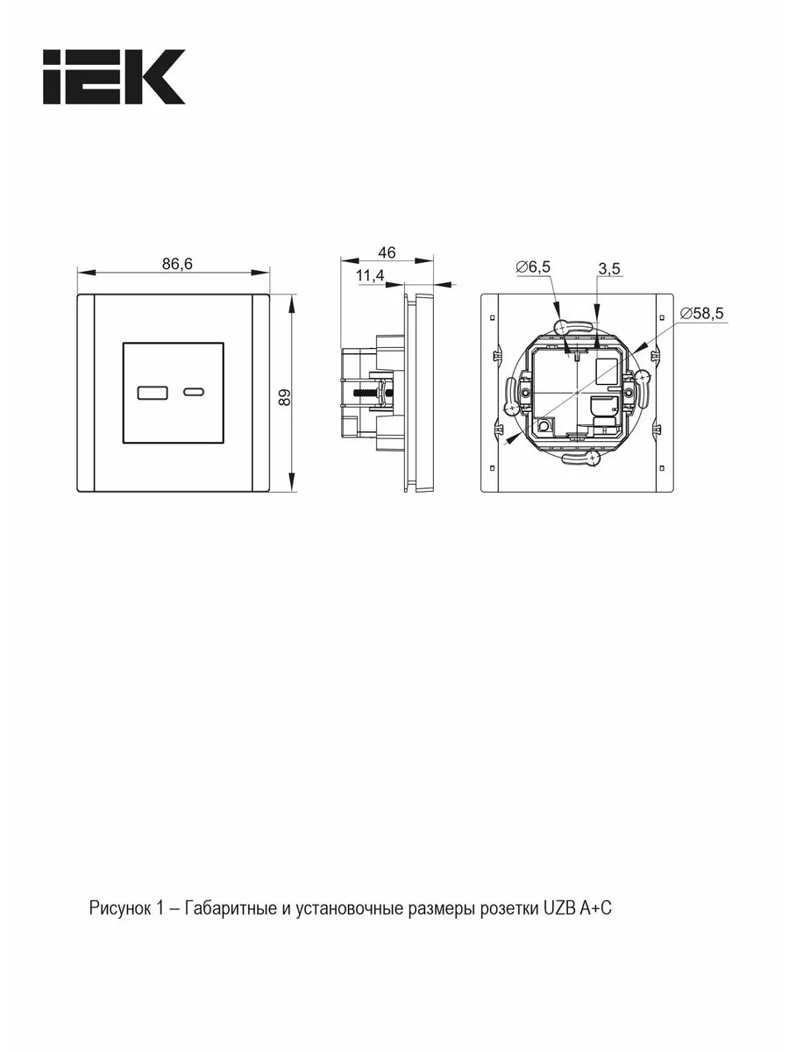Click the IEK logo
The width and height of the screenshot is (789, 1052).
click(114, 76)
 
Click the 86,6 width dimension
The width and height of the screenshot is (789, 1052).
click(177, 264)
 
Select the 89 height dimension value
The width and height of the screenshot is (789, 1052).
click(285, 397)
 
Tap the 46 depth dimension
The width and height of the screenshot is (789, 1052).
click(387, 252)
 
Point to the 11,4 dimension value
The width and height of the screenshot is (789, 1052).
click(370, 275)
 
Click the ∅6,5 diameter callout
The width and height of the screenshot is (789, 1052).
click(533, 267)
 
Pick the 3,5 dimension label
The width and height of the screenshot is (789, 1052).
click(609, 269)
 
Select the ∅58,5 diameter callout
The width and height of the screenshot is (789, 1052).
click(702, 314)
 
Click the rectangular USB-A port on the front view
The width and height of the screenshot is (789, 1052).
click(153, 393)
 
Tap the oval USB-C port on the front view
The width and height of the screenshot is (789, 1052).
click(194, 393)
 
